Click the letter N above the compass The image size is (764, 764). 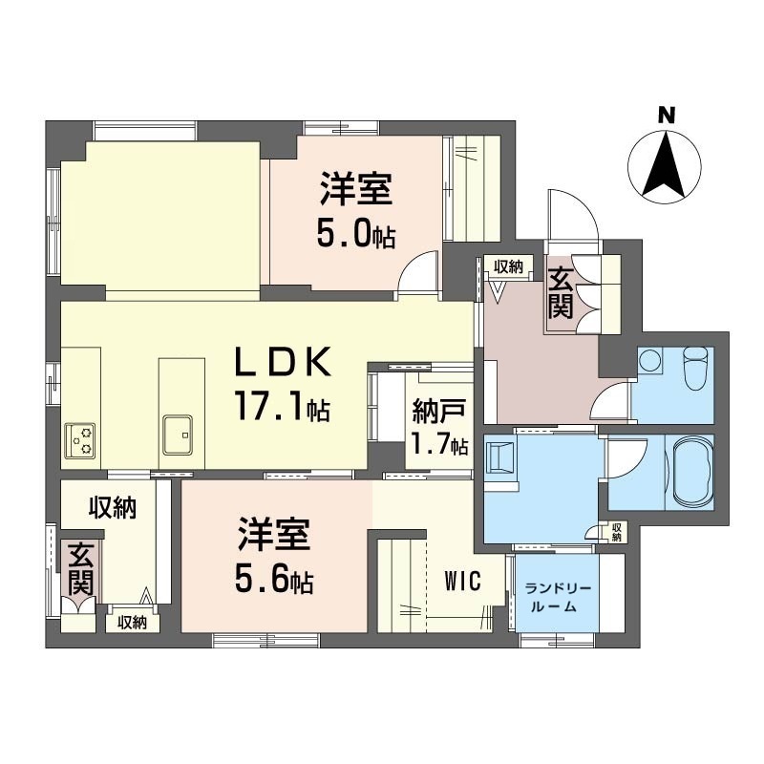click(667, 116)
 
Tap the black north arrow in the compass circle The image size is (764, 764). click(665, 164)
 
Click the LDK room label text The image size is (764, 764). click(283, 361)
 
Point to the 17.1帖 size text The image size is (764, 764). click(283, 405)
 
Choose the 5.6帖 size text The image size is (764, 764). click(274, 578)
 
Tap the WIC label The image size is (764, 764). click(462, 581)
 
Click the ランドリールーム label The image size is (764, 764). click(558, 598)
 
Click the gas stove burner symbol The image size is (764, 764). click(80, 440)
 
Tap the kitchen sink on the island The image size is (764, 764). click(178, 435)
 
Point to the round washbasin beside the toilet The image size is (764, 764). click(650, 361)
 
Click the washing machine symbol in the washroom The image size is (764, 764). click(499, 457)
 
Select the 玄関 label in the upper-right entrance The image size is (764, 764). click(560, 293)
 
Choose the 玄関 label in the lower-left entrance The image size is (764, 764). click(80, 569)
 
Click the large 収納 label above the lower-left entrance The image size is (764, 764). click(112, 508)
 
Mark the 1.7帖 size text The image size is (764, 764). click(438, 444)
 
